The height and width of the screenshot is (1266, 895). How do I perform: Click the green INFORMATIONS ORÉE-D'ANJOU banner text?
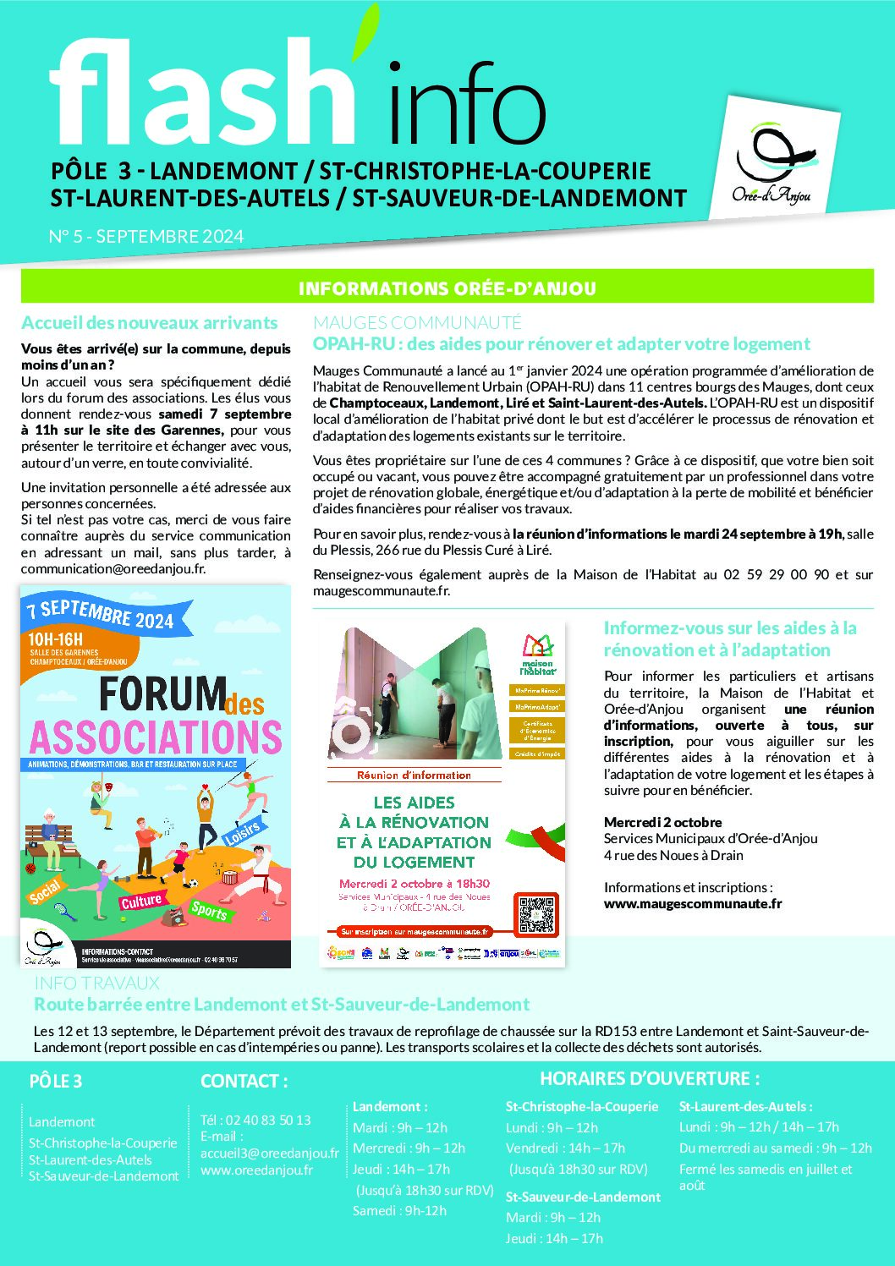(447, 288)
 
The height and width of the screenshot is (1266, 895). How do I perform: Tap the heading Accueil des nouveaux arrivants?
(150, 323)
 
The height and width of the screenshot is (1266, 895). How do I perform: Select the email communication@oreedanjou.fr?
(113, 569)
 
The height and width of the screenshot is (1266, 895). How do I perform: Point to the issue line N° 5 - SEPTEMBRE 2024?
(146, 237)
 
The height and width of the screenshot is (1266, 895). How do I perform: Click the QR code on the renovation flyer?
(535, 914)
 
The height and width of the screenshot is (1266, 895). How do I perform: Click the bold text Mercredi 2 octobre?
(663, 822)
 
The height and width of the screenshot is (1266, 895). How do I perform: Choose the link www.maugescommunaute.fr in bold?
(693, 903)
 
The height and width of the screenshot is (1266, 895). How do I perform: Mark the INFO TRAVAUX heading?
(96, 983)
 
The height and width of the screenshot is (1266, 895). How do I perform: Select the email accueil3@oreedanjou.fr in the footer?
(269, 1153)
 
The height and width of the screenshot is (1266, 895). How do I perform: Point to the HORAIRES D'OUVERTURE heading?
(650, 1078)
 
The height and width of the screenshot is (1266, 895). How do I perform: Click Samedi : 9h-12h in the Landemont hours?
(399, 1210)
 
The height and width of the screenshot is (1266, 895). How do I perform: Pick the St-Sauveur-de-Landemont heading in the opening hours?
(583, 1197)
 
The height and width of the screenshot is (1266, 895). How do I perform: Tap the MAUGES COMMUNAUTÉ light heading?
(417, 322)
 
